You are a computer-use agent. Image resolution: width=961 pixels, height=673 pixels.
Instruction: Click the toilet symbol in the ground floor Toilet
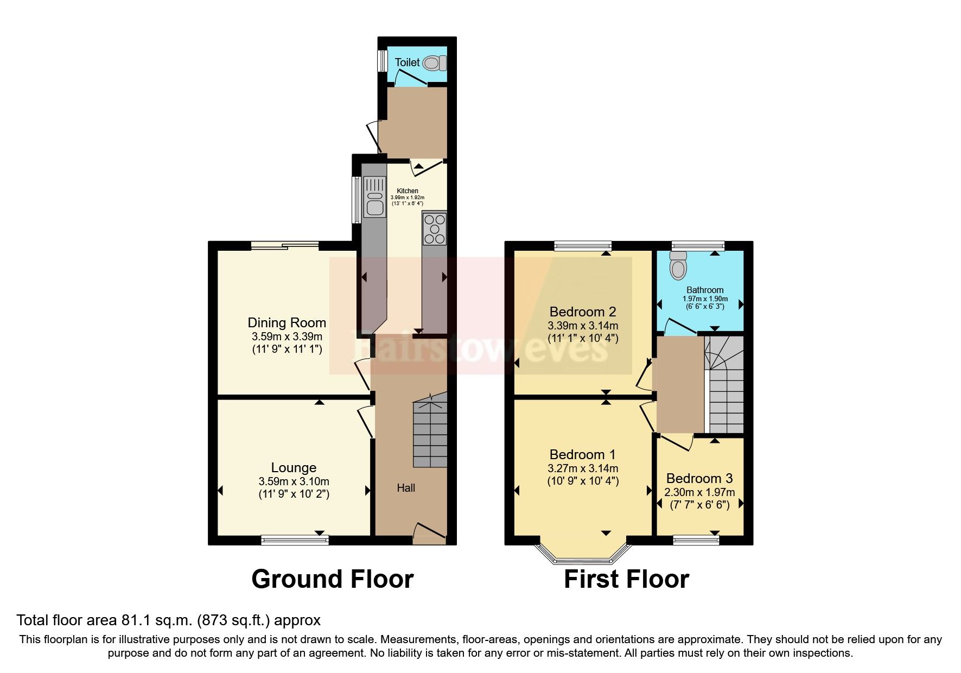[x=434, y=64]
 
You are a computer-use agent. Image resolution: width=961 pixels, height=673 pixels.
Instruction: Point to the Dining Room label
[x=287, y=322]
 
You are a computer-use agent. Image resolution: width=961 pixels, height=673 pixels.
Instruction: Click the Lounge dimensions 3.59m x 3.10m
[x=294, y=481]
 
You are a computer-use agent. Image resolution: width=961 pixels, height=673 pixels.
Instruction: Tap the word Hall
[x=405, y=488]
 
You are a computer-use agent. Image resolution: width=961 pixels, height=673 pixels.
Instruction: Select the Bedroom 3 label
[x=699, y=478]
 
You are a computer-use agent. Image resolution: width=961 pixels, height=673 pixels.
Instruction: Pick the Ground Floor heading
[x=332, y=579]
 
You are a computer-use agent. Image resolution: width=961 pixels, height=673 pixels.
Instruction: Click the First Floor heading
[x=626, y=579]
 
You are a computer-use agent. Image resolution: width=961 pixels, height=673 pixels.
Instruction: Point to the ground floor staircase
[x=430, y=431]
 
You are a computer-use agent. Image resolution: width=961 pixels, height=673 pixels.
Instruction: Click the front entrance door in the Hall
[x=429, y=533]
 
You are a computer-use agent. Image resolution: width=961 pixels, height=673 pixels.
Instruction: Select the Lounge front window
[x=295, y=539]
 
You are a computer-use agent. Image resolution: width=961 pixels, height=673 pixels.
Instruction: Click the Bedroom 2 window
[x=583, y=246]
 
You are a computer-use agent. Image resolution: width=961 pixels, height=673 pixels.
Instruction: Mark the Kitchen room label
[x=408, y=191]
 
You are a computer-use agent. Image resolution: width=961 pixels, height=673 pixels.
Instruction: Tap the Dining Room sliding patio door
[x=285, y=246]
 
